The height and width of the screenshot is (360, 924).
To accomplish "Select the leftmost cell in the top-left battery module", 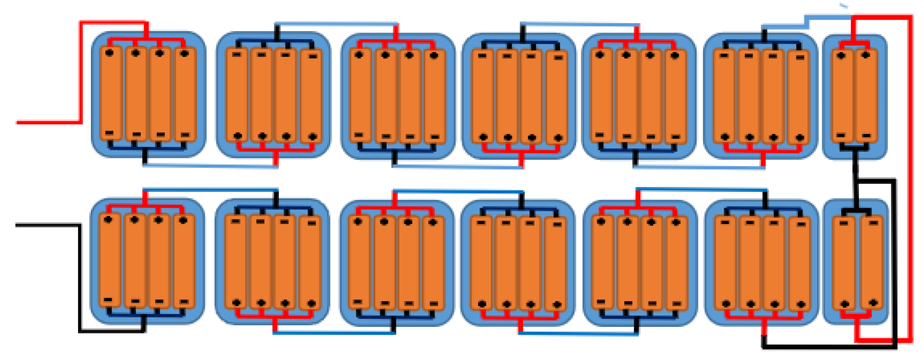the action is [x=111, y=94].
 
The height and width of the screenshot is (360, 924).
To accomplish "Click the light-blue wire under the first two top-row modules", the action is [x=210, y=166].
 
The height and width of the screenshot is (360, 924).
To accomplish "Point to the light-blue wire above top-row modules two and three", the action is [x=336, y=23].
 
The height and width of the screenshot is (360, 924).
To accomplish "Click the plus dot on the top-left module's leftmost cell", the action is [x=110, y=52].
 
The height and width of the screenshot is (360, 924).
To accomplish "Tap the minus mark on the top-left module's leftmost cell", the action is [x=110, y=133].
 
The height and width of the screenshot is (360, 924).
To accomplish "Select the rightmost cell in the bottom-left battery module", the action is [x=184, y=262].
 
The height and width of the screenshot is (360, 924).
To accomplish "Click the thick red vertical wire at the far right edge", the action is [x=910, y=178].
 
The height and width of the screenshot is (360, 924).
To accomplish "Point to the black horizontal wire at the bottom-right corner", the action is [x=831, y=346].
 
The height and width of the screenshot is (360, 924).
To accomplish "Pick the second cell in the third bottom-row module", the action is [x=384, y=262].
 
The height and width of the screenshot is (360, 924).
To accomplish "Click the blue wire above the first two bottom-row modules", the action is [x=210, y=189].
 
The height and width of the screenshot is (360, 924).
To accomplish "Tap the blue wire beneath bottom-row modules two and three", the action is [x=334, y=333].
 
